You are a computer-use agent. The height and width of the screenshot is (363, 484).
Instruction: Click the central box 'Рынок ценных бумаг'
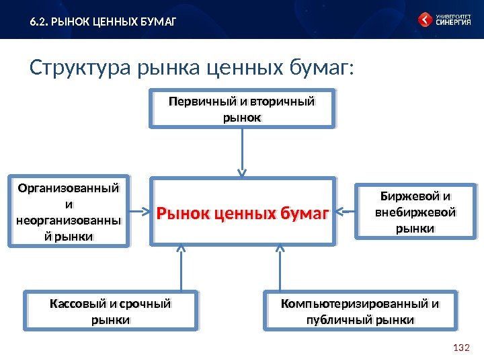coord(242,214)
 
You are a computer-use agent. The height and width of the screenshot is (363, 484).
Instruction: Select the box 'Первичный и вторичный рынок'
coord(242,110)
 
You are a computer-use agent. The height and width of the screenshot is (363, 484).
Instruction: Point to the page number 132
coord(460,348)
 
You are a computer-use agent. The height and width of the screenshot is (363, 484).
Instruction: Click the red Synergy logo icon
coord(426,19)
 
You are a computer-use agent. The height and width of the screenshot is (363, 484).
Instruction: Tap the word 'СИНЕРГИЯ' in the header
coord(453,22)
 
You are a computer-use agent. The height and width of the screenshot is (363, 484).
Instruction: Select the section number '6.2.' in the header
coord(38,22)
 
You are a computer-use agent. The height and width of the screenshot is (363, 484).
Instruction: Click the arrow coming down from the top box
coord(242,153)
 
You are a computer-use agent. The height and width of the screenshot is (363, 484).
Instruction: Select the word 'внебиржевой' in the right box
coord(415,212)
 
